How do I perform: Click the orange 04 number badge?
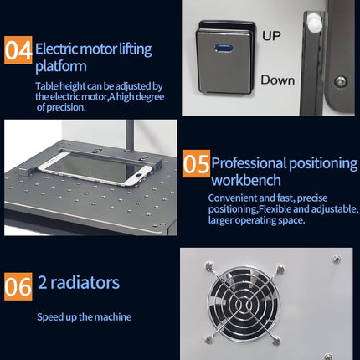point(18,50)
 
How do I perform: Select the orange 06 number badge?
point(18,285)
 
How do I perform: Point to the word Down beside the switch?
point(277,80)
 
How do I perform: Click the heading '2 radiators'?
point(78,282)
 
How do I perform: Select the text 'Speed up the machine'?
point(84,317)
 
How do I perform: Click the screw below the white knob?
point(341,81)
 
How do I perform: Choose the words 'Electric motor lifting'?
point(93,49)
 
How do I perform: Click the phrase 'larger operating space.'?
point(257,220)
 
